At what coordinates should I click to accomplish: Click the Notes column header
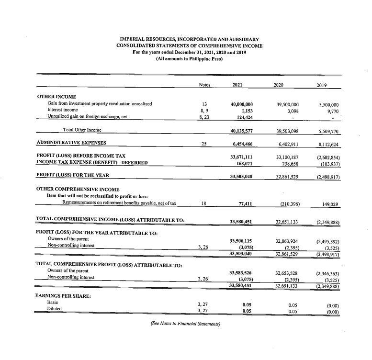tap(204, 85)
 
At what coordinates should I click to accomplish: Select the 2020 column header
tap(279, 85)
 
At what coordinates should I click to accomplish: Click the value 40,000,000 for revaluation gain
tap(241, 104)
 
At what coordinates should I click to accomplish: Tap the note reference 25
tap(204, 143)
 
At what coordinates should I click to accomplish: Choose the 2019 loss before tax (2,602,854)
tap(327, 156)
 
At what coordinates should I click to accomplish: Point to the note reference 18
tap(204, 203)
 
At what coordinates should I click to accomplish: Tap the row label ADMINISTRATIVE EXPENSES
tap(71, 142)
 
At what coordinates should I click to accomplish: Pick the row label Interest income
tap(62, 110)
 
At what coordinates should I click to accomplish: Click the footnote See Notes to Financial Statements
tap(185, 324)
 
